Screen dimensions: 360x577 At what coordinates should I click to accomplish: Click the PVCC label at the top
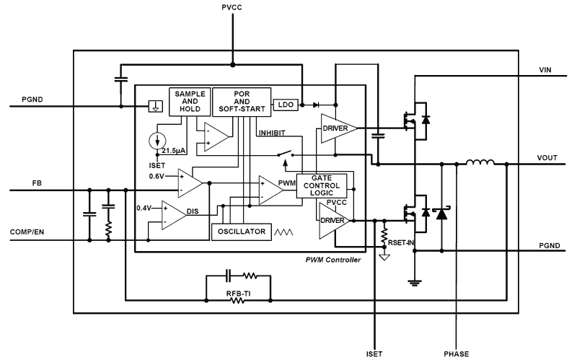point(232,6)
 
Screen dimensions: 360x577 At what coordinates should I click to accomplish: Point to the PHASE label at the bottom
point(457,354)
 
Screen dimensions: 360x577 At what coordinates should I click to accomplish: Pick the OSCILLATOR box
point(239,232)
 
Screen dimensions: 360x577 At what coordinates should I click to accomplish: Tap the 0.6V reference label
point(157,176)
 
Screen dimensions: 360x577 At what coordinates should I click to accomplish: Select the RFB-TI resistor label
point(238,294)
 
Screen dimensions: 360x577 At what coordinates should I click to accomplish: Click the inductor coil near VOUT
point(480,164)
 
